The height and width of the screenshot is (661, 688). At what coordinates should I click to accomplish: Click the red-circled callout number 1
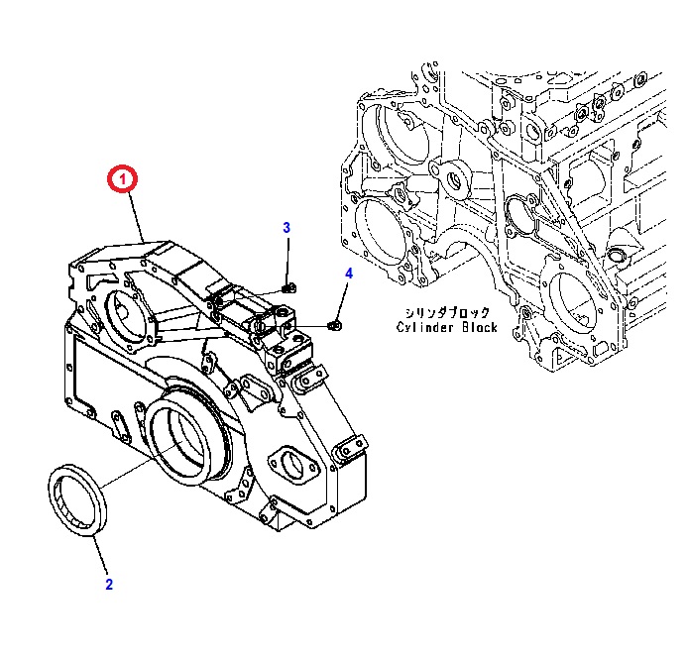123,180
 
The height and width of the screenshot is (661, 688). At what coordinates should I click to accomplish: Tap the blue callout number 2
109,585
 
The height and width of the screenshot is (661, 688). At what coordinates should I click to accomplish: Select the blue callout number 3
287,228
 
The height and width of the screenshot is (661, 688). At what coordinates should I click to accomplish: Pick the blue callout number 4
348,274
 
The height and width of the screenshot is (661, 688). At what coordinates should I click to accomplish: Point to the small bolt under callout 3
287,288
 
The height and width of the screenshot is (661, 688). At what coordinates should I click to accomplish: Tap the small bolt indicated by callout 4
336,323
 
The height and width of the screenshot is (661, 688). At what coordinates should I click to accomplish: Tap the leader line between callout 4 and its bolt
343,299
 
